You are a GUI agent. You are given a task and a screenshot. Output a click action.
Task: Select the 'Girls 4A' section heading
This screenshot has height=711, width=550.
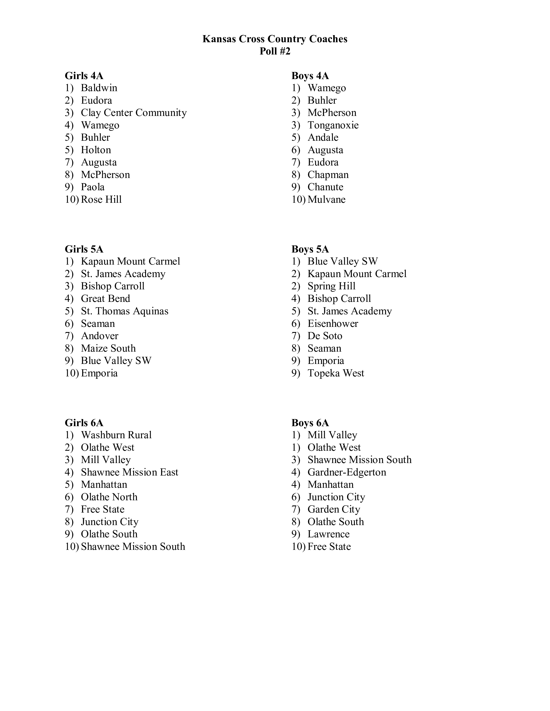pos(84,76)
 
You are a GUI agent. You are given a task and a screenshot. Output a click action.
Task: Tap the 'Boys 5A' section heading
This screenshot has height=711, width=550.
pos(310,249)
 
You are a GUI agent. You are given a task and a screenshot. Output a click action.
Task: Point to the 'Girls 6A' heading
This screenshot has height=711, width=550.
pos(84,423)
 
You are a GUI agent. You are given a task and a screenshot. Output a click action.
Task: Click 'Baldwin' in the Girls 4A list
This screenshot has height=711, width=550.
pos(99,88)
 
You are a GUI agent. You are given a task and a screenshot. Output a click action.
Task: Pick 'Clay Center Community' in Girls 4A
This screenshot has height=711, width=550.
pos(134,113)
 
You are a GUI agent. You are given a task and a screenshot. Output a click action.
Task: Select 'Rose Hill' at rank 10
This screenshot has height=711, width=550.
pos(101,199)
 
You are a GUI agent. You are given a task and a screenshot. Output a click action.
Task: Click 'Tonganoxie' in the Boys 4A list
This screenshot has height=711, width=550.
pos(333,125)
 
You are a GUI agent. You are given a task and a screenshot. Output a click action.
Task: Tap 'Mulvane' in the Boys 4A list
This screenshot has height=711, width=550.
pos(327,199)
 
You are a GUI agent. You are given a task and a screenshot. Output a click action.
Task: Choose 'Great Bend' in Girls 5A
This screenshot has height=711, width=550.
pos(105,299)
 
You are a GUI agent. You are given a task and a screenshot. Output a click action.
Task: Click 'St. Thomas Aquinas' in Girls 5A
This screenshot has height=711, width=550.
pos(124,311)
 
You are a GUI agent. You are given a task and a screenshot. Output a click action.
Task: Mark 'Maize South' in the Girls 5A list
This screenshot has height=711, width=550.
pos(108,348)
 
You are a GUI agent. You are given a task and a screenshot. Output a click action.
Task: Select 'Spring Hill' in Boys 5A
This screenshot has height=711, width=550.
pos(331,286)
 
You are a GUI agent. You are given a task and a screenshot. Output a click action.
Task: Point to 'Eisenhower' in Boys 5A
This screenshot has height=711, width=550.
pos(333,324)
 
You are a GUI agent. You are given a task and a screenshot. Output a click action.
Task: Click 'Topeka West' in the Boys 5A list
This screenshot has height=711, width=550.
pos(336,373)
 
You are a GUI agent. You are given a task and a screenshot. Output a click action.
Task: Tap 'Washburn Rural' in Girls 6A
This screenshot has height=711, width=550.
pos(116,435)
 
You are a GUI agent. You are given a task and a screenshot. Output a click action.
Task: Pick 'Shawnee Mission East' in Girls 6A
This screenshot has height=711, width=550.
pos(129,472)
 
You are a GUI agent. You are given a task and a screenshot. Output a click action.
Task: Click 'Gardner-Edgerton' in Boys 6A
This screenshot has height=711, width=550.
pos(347,472)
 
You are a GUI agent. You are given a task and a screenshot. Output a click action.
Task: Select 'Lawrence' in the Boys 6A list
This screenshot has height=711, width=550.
pos(328,534)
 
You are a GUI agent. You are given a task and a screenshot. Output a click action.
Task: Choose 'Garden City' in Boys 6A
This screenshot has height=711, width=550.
pos(334,510)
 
